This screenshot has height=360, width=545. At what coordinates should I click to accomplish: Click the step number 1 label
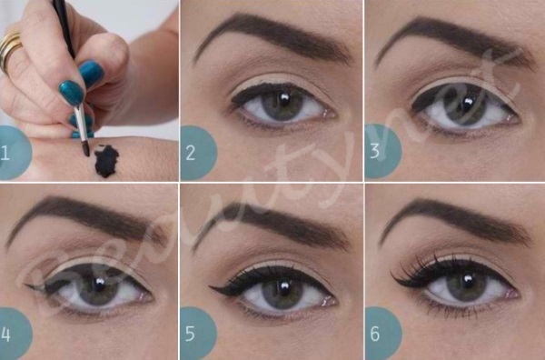pyautogui.click(x=5, y=153)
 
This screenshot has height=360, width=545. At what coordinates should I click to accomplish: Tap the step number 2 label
pyautogui.click(x=190, y=153)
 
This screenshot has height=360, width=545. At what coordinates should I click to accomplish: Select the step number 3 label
pyautogui.click(x=374, y=152)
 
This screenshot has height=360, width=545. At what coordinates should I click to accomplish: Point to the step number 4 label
pyautogui.click(x=5, y=335)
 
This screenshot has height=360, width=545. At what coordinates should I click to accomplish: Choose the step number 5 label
pyautogui.click(x=190, y=334)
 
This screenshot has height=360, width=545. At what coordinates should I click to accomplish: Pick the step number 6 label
pyautogui.click(x=375, y=334)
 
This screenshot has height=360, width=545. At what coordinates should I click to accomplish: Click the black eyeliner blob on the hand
pyautogui.click(x=106, y=162)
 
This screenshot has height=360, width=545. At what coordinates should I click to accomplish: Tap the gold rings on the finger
pyautogui.click(x=10, y=49)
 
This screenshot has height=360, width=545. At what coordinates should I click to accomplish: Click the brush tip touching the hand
pyautogui.click(x=85, y=148)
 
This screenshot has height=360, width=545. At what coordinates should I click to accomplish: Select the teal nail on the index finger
pyautogui.click(x=72, y=93)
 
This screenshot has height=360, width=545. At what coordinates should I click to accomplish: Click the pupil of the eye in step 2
pyautogui.click(x=284, y=101)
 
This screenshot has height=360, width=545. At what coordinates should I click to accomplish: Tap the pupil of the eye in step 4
pyautogui.click(x=100, y=285)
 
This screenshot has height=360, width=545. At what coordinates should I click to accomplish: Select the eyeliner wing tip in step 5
pyautogui.click(x=210, y=286)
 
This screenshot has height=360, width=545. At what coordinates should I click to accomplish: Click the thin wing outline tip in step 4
pyautogui.click(x=25, y=285)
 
